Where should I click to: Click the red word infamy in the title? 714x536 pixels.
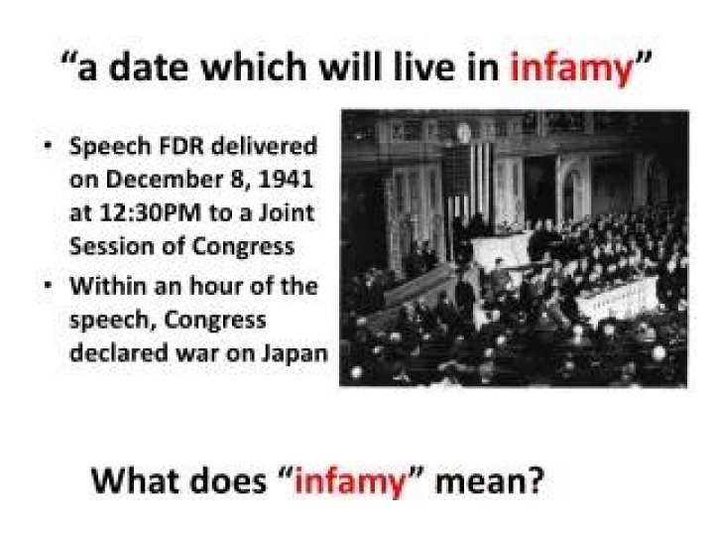point(571,68)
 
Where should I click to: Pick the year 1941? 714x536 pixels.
point(289,183)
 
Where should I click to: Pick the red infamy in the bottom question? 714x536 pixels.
point(351,483)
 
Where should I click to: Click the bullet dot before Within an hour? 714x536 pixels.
point(49,287)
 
